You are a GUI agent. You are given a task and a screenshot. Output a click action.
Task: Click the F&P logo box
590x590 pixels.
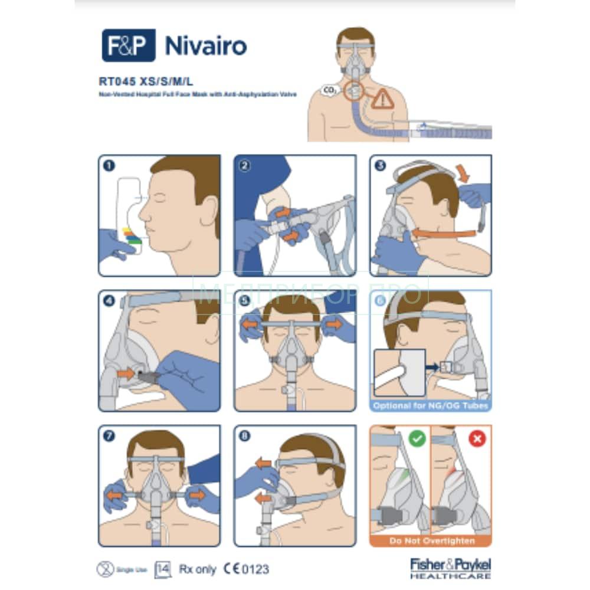pyautogui.click(x=128, y=45)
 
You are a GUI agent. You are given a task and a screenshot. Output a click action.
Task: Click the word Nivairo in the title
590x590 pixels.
pyautogui.click(x=206, y=45)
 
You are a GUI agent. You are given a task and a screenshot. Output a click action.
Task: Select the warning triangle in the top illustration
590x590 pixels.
pyautogui.click(x=382, y=98)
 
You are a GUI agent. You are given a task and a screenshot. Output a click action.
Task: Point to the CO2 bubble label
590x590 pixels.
pyautogui.click(x=329, y=91)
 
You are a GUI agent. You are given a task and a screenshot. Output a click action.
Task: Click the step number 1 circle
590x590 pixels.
pyautogui.click(x=109, y=166)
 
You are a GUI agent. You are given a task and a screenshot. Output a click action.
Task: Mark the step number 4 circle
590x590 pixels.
pyautogui.click(x=109, y=300)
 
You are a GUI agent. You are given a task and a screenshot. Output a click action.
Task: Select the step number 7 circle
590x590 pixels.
pyautogui.click(x=109, y=436)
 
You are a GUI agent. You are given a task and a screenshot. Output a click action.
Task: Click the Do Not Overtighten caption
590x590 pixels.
pyautogui.click(x=431, y=540)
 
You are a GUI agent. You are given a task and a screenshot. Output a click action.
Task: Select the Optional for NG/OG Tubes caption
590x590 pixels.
pyautogui.click(x=431, y=406)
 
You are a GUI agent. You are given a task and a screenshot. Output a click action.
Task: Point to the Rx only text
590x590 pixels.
pyautogui.click(x=198, y=569)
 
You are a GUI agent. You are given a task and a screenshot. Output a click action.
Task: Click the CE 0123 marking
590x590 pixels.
pyautogui.click(x=246, y=569)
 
